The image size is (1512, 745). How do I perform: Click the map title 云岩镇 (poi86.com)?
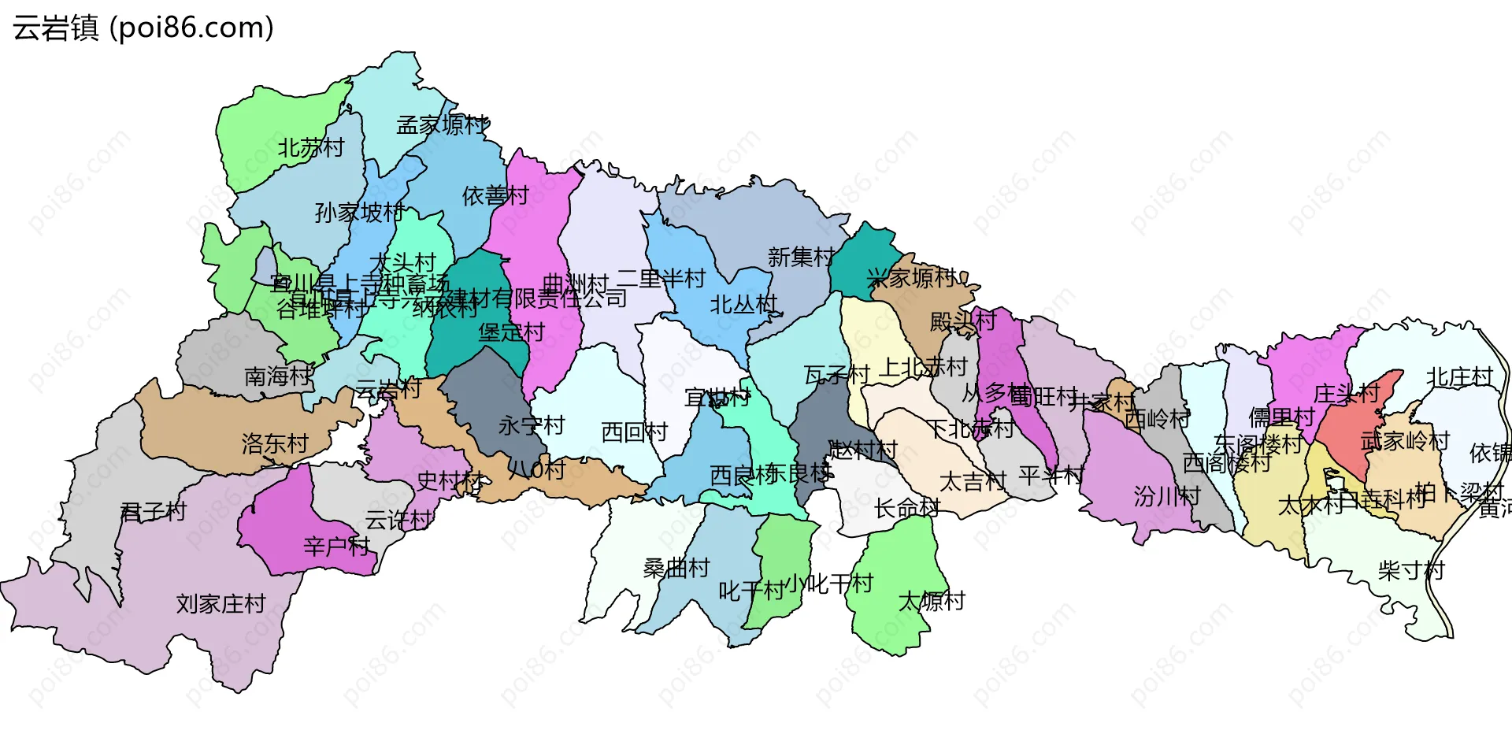(143, 28)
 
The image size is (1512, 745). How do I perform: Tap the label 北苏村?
(311, 147)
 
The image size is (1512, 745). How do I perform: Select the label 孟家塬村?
(443, 124)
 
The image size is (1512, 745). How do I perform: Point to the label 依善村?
(495, 195)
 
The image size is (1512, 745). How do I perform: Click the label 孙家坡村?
(359, 212)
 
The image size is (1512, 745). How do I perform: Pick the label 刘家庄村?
(221, 604)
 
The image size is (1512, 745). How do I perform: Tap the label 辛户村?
(337, 546)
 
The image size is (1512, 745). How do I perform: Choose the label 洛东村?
(275, 443)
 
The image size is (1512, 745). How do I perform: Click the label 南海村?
(278, 376)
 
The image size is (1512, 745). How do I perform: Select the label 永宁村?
(532, 425)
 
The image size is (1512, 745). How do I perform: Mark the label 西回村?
(634, 432)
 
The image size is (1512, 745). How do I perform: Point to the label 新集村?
(801, 257)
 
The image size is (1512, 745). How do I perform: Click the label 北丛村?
(743, 304)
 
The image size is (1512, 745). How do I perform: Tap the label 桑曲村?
(676, 568)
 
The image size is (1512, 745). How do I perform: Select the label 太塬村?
(932, 602)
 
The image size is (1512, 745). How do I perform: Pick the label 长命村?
(907, 508)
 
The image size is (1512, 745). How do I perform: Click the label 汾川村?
(1167, 496)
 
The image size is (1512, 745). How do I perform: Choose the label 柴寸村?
(1411, 570)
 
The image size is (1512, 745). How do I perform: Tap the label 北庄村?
(1460, 377)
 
